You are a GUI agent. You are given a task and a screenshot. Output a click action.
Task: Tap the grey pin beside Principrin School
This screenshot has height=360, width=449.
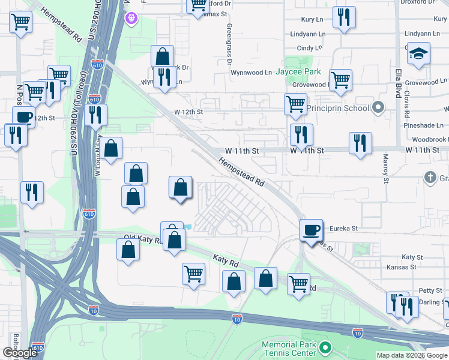pos(378,108)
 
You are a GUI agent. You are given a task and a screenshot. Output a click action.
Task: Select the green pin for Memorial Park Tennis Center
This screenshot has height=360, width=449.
pos(325,347)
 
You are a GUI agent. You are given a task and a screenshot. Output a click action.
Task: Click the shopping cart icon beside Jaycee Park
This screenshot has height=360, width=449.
pos(340,80)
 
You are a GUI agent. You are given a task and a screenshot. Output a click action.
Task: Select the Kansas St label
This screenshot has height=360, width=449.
pos(402,266)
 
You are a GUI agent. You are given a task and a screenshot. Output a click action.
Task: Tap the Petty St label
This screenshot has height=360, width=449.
pos(430,290)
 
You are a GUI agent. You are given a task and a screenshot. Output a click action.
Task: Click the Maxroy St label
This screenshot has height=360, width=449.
pos(386,169)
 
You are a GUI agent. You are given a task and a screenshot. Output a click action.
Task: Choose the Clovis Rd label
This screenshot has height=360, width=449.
pos(407,104)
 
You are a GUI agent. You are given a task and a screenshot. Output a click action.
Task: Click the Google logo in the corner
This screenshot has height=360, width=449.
pos(20,353)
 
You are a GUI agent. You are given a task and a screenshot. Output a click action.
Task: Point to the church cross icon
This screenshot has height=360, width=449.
pos(430,177)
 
